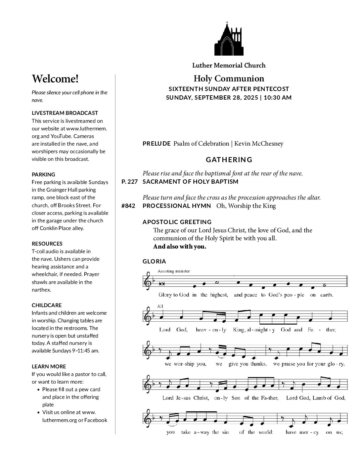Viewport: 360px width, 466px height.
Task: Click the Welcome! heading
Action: tap(55, 79)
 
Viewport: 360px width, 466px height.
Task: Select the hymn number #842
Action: tap(128, 206)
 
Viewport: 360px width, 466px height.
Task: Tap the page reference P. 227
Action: tap(129, 182)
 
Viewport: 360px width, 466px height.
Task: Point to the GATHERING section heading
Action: tap(229, 160)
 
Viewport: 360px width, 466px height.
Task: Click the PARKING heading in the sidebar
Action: tap(43, 174)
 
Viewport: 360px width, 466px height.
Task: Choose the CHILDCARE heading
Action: tap(47, 305)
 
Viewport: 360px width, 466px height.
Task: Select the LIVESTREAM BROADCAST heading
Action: tap(65, 113)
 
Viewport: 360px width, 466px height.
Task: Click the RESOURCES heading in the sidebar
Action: tap(47, 244)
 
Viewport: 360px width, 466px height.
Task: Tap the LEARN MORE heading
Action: tap(49, 366)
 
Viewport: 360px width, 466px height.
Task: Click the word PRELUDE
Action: tap(157, 144)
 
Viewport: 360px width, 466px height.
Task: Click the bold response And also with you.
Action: tap(179, 247)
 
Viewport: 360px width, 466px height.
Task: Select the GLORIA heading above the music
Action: tap(154, 261)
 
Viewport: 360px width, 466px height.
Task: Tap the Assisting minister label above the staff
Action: tap(174, 271)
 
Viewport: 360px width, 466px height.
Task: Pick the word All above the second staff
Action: tap(160, 306)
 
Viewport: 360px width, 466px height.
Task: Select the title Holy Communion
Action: tap(229, 79)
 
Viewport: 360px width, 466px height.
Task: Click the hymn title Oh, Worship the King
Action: tap(246, 206)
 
